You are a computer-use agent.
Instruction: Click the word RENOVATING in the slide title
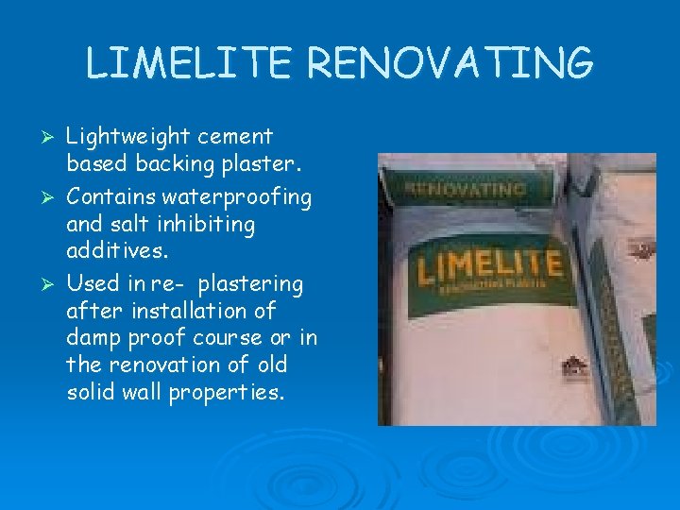pyautogui.click(x=450, y=63)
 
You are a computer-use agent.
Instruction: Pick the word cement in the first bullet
pyautogui.click(x=237, y=138)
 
